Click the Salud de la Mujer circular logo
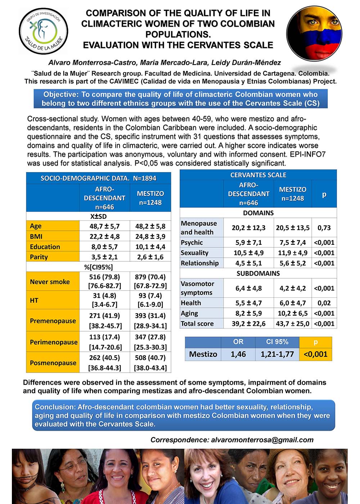43,31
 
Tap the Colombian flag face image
314,33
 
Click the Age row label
36,226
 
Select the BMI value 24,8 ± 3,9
150,237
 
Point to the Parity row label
39,257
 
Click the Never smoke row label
50,282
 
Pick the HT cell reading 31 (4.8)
104,296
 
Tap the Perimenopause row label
54,342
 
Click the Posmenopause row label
53,363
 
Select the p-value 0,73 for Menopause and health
324,228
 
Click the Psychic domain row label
192,243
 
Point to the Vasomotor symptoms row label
197,288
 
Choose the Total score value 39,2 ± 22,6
248,324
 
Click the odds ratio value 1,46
238,354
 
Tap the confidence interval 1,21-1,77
277,354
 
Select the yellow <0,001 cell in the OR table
315,354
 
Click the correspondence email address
262,440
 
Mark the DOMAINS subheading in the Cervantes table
258,213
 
